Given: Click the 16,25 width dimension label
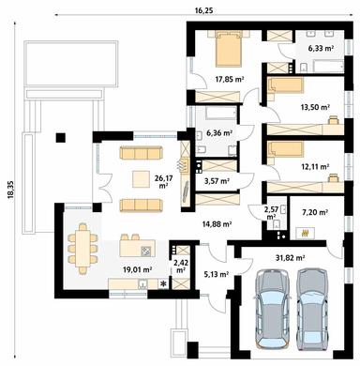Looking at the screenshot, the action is coord(203,10).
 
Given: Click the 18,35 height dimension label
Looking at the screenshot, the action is coord(10,190).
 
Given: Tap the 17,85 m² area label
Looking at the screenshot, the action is coord(230,80).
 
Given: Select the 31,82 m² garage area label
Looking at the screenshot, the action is coord(291,258).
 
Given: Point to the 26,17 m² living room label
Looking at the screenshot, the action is coord(163,181).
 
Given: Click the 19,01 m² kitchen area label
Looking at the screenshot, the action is coord(138,269).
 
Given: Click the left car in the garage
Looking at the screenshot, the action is coord(272,308).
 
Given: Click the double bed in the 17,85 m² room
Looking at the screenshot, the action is coord(229,49).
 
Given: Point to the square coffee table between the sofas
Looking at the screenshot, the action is coord(141,179).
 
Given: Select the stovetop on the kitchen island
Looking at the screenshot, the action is coord(146,251).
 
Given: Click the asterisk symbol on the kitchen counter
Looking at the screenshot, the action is coord(163,284).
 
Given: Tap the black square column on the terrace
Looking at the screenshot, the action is coord(60,138).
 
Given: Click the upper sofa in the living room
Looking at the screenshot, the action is coord(142,152).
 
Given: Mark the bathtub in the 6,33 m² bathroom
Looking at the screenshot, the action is coord(327,67).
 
